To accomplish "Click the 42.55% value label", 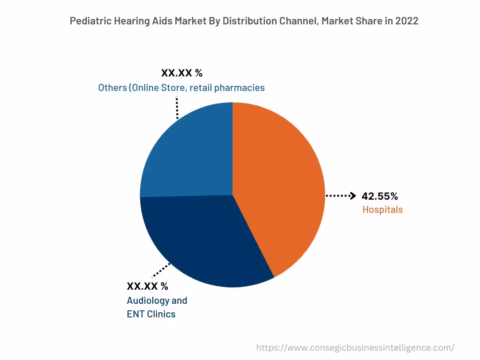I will (x=380, y=196).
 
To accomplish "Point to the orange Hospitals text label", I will (x=382, y=210).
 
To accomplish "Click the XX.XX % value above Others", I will (x=182, y=73).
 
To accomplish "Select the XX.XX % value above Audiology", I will (x=147, y=286).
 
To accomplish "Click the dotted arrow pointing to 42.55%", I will (x=341, y=196).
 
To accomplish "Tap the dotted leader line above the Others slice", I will (x=177, y=108).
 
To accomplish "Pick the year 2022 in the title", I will (x=407, y=21).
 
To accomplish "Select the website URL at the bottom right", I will (x=355, y=348).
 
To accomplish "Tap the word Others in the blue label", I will (x=112, y=88).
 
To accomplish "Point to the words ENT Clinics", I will (x=151, y=314).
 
